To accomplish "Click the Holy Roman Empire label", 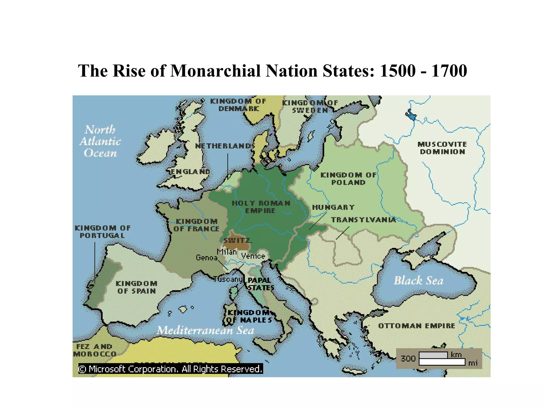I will click(261, 207).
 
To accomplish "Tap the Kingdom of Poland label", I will click(348, 179).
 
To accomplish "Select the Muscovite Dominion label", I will click(442, 148).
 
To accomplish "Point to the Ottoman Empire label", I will click(416, 326).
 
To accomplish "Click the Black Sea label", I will click(419, 281).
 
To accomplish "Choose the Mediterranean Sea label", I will click(205, 330).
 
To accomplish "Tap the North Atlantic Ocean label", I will click(100, 141).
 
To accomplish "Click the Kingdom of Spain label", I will click(137, 287).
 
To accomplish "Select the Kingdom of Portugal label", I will click(102, 232).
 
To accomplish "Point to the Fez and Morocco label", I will click(94, 350).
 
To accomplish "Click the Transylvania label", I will click(363, 220).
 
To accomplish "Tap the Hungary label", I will click(333, 207).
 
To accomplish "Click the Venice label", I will click(253, 256).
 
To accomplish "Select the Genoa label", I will click(207, 257).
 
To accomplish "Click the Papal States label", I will click(260, 284).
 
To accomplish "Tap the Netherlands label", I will click(225, 146).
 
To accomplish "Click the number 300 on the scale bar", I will click(408, 358).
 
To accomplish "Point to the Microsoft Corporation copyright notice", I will click(170, 369).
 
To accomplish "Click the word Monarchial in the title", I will click(216, 71).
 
